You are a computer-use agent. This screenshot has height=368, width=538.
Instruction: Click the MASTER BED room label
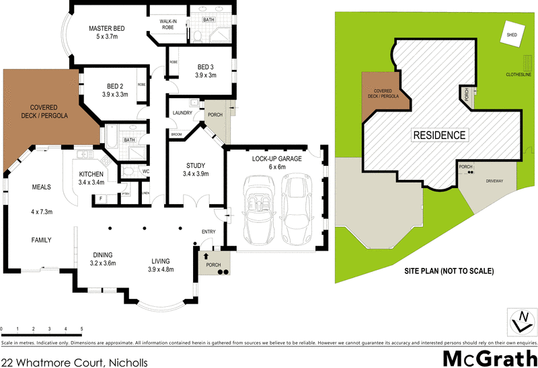click(x=108, y=28)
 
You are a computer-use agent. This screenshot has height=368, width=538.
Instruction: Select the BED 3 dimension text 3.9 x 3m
click(x=206, y=76)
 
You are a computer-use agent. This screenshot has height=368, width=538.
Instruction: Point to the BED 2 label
click(x=116, y=86)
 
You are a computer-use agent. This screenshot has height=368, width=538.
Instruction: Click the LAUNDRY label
click(x=182, y=113)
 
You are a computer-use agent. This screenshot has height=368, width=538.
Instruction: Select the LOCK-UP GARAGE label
click(x=276, y=158)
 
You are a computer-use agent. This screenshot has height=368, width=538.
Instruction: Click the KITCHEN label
click(x=91, y=173)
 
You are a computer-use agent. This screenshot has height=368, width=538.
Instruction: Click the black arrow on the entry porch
click(x=206, y=257)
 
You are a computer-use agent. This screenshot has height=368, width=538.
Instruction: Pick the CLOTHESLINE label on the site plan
click(x=521, y=75)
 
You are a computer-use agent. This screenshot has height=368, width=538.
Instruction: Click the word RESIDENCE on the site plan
click(x=438, y=135)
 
